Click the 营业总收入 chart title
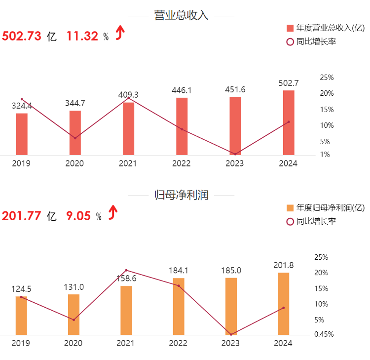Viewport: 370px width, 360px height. [x=181, y=15]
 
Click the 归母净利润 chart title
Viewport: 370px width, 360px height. [x=181, y=195]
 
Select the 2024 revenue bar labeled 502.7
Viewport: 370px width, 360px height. [x=289, y=122]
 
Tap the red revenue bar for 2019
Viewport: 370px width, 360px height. [x=22, y=134]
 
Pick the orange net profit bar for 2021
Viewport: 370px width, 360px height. [x=126, y=310]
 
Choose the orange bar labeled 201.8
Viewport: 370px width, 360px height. [x=284, y=303]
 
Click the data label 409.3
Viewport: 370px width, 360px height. [x=128, y=94]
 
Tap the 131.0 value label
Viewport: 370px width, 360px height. [x=74, y=287]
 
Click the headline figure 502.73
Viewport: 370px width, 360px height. [x=22, y=36]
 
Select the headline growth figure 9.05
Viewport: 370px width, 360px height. [x=78, y=216]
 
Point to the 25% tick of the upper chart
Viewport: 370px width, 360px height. [x=327, y=78]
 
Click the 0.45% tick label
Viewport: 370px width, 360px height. [x=324, y=334]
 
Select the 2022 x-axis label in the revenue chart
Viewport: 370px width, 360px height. [x=182, y=163]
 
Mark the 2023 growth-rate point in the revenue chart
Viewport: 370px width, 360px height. [x=235, y=154]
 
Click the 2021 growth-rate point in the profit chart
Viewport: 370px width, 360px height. [x=126, y=270]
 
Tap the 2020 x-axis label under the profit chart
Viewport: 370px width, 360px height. [x=74, y=343]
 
